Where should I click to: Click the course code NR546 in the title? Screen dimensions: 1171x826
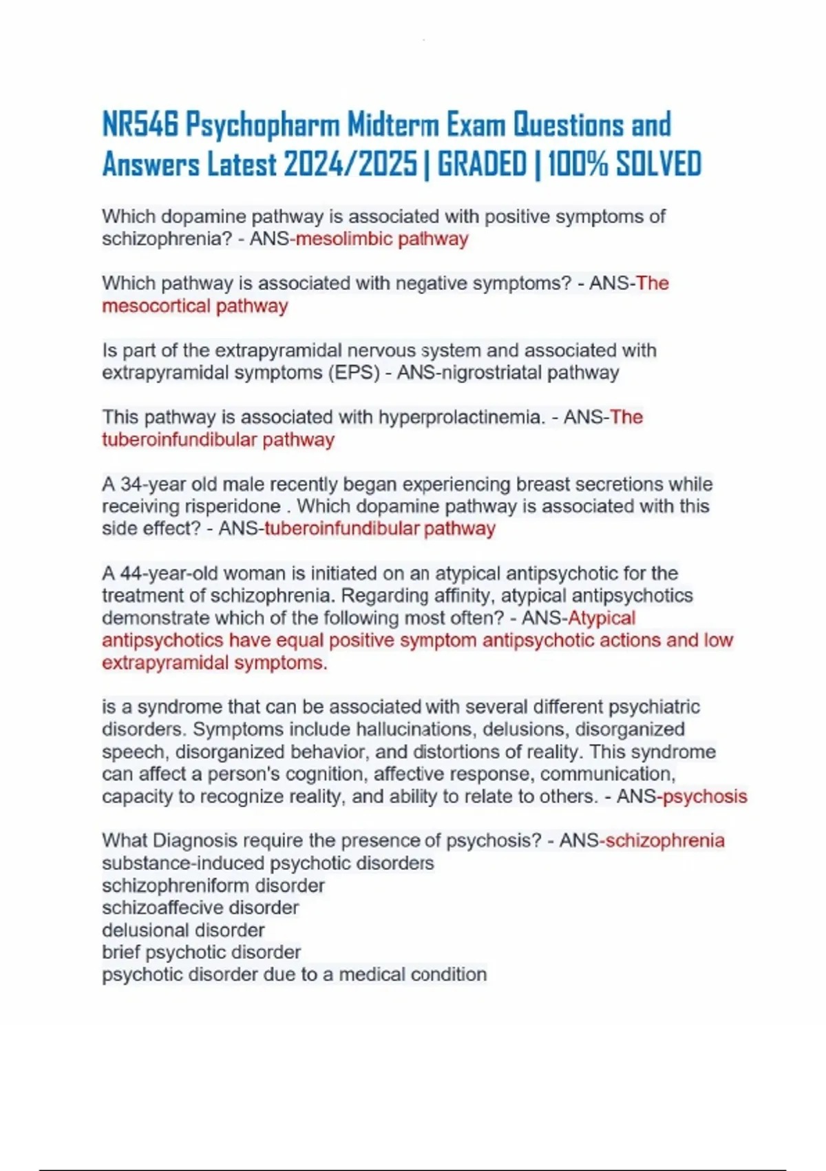pos(140,125)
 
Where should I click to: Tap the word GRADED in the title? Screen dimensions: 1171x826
pos(482,165)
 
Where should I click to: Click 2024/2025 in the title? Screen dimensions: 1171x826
pos(350,165)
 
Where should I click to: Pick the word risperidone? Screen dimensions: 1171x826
pos(233,506)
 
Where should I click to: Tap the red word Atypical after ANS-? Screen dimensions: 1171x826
pos(602,618)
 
